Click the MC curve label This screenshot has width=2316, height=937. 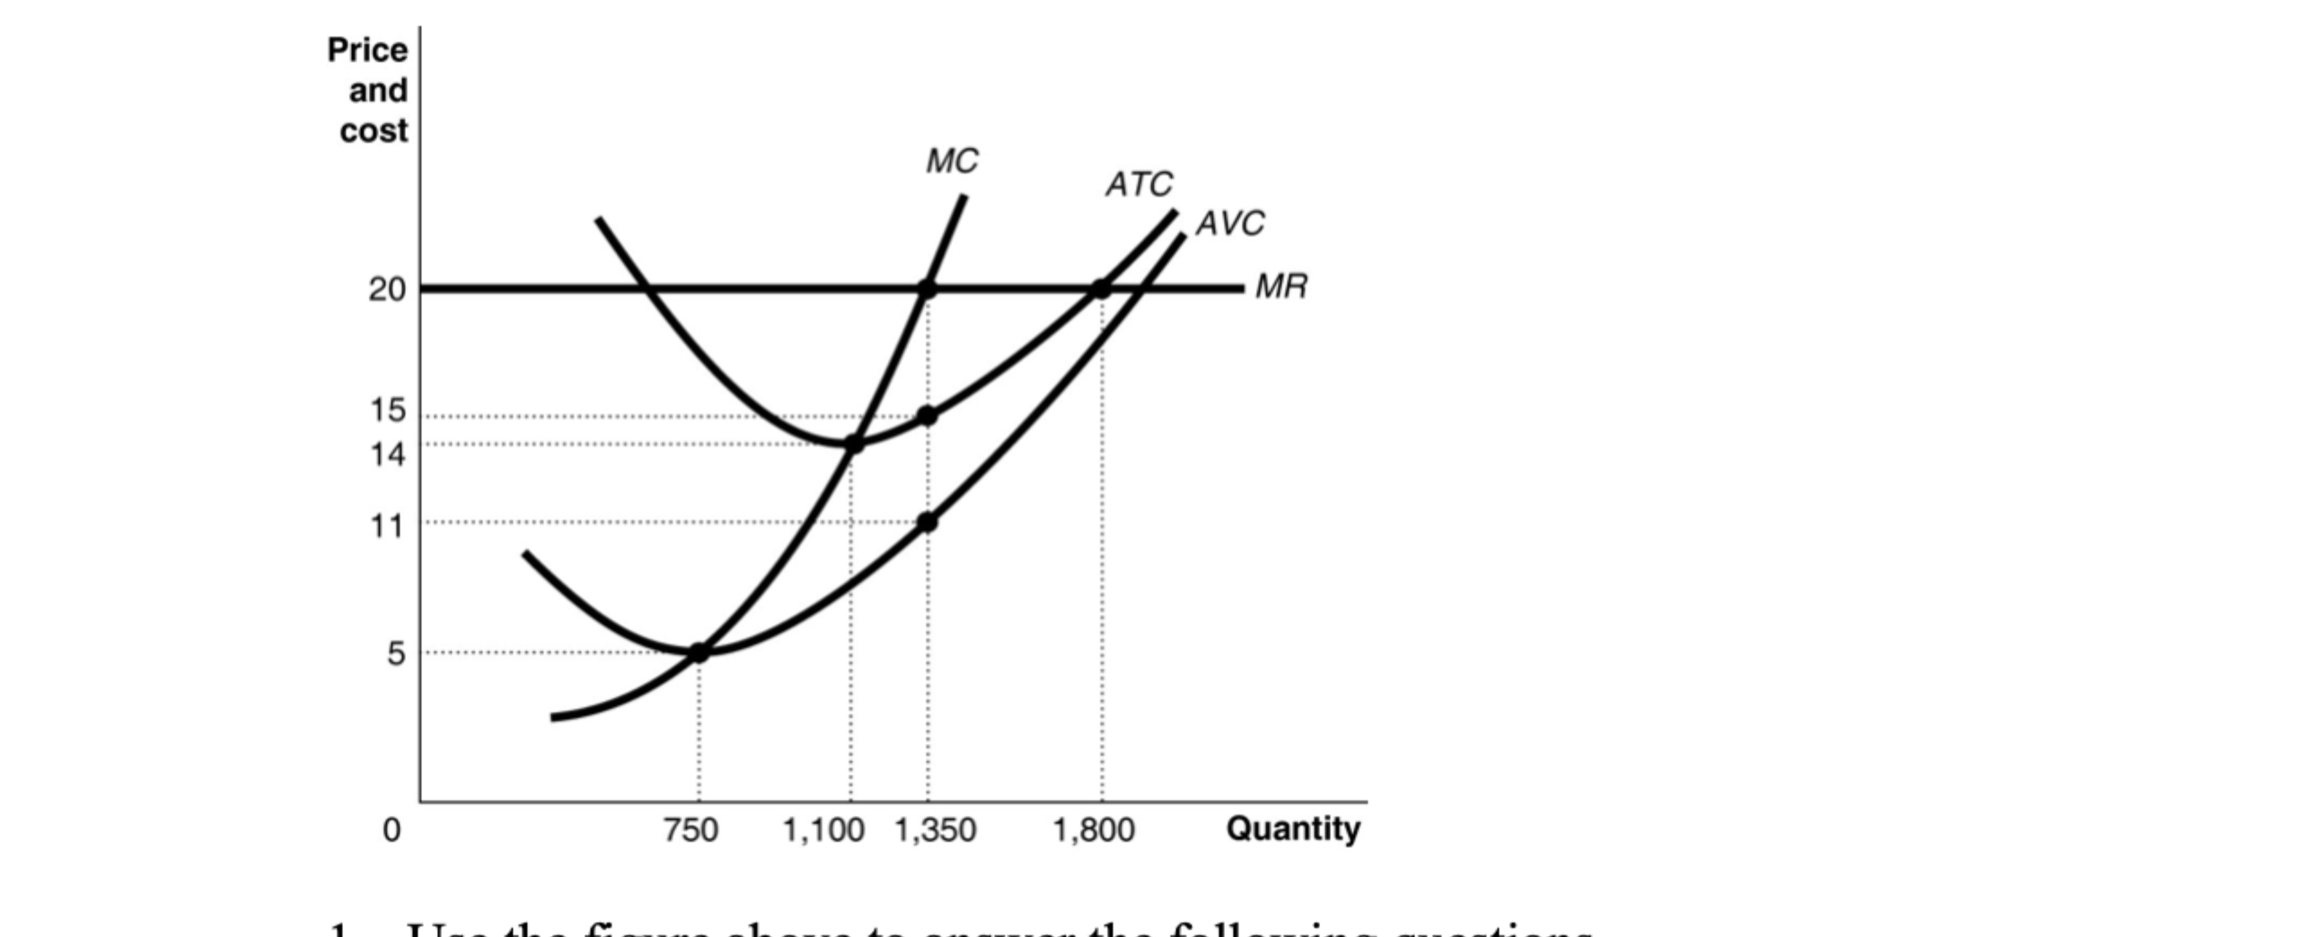click(952, 162)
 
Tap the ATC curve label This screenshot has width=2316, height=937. click(1139, 184)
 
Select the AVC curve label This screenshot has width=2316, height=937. click(1230, 223)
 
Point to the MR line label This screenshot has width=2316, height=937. click(1281, 287)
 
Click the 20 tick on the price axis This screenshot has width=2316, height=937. click(388, 289)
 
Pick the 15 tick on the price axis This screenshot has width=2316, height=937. click(389, 411)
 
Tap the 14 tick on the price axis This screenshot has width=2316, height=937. click(389, 455)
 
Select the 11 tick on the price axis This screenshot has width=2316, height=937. click(388, 526)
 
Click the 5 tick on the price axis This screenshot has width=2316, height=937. click(397, 654)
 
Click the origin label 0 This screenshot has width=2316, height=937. click(392, 829)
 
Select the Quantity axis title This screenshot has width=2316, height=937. click(1293, 828)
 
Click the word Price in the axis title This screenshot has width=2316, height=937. click(367, 50)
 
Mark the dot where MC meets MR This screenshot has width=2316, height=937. click(928, 289)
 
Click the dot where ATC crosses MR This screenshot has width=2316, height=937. click(1101, 289)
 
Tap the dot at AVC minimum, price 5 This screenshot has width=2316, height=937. click(699, 653)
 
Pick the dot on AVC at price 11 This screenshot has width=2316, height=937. click(928, 523)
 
